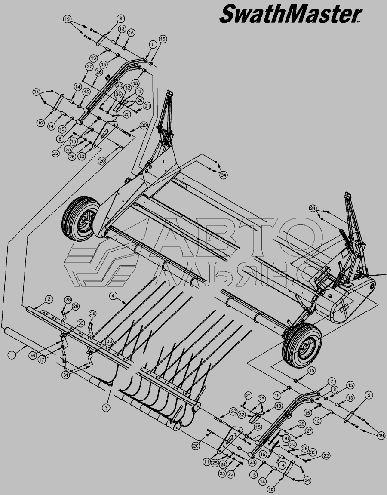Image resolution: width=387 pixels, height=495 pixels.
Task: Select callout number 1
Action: [12, 355]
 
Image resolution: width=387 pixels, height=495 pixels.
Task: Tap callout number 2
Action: [49, 298]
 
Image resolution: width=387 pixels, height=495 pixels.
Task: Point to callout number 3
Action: [106, 408]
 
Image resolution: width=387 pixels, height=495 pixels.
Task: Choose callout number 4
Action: [114, 296]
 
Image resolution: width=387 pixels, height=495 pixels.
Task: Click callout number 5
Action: [153, 45]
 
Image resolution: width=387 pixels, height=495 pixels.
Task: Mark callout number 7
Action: [332, 381]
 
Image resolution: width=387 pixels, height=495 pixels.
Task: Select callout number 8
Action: [335, 390]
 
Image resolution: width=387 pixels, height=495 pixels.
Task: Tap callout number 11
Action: [206, 462]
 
